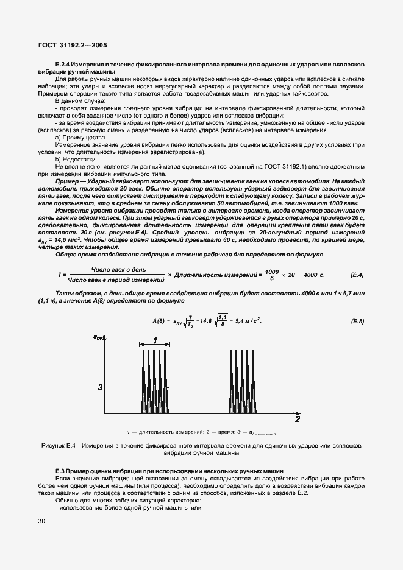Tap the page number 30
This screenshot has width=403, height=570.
click(x=41, y=521)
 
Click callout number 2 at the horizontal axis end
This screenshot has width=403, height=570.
click(x=297, y=420)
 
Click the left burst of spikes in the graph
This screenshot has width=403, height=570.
click(x=155, y=381)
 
